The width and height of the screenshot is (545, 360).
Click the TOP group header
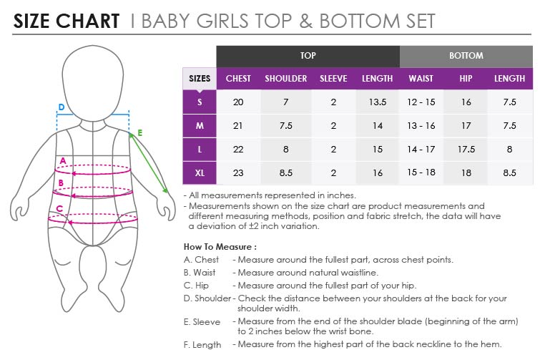click(308, 56)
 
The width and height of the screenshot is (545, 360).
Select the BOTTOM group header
click(466, 56)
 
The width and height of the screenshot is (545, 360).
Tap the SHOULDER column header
click(285, 79)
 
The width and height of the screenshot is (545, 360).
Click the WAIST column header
click(421, 79)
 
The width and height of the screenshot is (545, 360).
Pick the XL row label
click(200, 173)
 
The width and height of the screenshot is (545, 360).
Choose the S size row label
click(200, 102)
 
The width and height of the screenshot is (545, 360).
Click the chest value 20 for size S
click(238, 102)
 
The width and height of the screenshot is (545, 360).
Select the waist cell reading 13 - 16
click(421, 125)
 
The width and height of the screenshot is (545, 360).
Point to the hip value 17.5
click(466, 149)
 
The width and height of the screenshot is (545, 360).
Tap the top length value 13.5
click(378, 102)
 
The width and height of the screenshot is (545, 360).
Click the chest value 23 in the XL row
click(238, 173)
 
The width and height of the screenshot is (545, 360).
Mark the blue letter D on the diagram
click(62, 107)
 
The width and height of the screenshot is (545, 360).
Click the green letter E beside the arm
click(139, 133)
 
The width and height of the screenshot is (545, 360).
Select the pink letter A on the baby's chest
click(63, 161)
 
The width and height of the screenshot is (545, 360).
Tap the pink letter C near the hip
click(59, 209)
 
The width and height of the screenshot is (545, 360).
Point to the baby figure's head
click(93, 83)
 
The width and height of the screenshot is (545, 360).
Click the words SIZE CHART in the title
click(67, 21)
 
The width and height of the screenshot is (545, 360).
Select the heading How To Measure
click(220, 247)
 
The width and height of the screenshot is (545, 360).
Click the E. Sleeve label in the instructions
click(202, 322)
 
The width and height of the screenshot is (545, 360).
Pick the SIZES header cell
click(200, 79)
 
